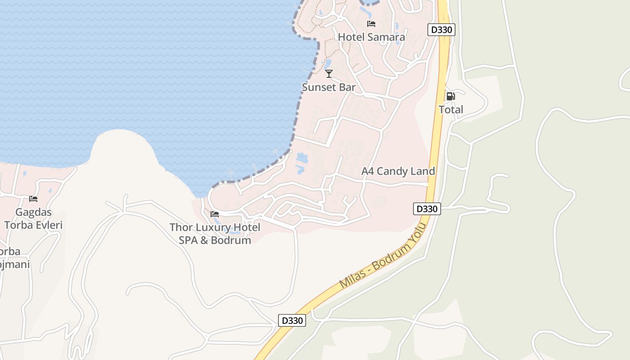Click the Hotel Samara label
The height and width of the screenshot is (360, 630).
pos(371,37)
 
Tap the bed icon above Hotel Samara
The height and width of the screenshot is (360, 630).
pos(371,23)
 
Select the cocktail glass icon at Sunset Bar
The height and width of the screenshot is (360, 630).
pos(329,73)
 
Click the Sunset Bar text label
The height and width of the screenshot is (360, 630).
pos(328,87)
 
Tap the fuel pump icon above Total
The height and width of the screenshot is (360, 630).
pos(450,96)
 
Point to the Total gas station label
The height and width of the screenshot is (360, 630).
pos(451,109)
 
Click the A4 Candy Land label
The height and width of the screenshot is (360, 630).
pos(398,171)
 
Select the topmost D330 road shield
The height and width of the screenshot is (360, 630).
pos(441,30)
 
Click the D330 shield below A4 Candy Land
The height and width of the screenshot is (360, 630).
pos(427,209)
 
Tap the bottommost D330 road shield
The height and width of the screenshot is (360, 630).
pos(292,320)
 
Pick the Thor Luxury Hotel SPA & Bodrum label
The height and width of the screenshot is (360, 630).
pos(215,234)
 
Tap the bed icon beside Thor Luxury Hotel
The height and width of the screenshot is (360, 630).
pos(215,214)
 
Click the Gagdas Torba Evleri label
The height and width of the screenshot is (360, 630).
pos(33,218)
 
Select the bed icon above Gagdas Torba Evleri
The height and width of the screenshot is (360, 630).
pos(33,198)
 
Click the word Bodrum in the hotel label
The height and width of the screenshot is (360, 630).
pos(231,240)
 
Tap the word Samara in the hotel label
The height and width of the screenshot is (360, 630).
pos(386,37)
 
